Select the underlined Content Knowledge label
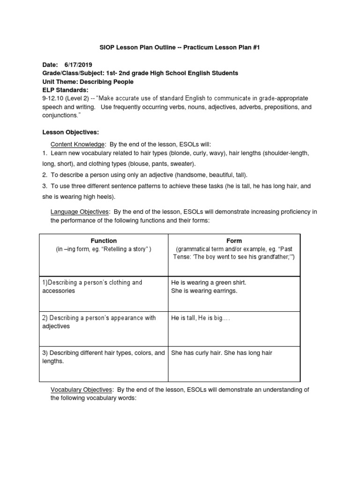[x=78, y=144]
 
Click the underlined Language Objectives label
[x=80, y=212]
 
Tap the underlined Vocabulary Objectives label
[x=82, y=390]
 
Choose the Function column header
[x=104, y=240]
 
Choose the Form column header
[x=234, y=240]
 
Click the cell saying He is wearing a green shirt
[x=209, y=283]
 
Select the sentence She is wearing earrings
[x=204, y=291]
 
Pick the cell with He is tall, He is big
[x=201, y=318]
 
